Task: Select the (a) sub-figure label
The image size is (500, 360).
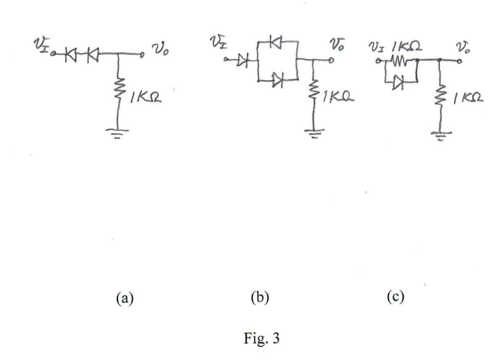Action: (125, 296)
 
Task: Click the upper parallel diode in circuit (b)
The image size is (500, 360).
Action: (276, 42)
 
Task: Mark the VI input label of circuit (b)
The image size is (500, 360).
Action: (217, 45)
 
